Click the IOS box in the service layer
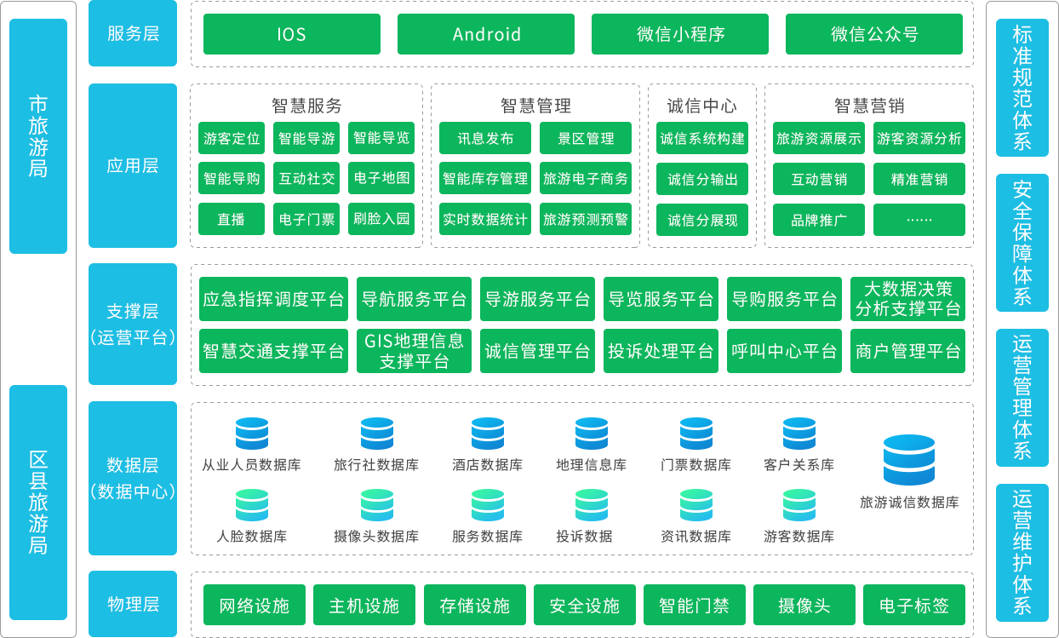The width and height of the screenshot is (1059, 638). click(291, 34)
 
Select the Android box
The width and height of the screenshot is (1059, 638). click(486, 34)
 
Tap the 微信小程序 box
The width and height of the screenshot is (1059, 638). click(680, 34)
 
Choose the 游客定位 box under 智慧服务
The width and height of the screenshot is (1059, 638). click(231, 138)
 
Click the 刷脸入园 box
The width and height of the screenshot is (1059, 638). click(381, 219)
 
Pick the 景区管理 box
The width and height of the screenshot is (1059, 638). click(586, 138)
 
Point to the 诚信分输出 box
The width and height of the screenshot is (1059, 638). click(702, 179)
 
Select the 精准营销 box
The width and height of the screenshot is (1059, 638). click(919, 179)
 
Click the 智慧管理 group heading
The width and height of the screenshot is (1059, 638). click(535, 106)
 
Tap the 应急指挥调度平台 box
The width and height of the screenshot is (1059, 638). click(273, 299)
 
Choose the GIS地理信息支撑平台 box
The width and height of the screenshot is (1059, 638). click(414, 350)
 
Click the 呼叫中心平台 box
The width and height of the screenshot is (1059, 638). click(784, 350)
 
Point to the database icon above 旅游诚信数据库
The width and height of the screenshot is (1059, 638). click(908, 460)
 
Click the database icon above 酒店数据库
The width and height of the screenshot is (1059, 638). click(488, 434)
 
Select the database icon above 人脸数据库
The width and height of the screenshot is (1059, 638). click(252, 505)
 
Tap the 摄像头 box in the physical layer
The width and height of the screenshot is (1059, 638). click(804, 606)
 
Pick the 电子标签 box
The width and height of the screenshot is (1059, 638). click(914, 606)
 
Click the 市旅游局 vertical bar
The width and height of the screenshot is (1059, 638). click(38, 136)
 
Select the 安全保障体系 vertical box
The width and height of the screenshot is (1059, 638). click(1022, 242)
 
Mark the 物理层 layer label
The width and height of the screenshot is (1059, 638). click(133, 604)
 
